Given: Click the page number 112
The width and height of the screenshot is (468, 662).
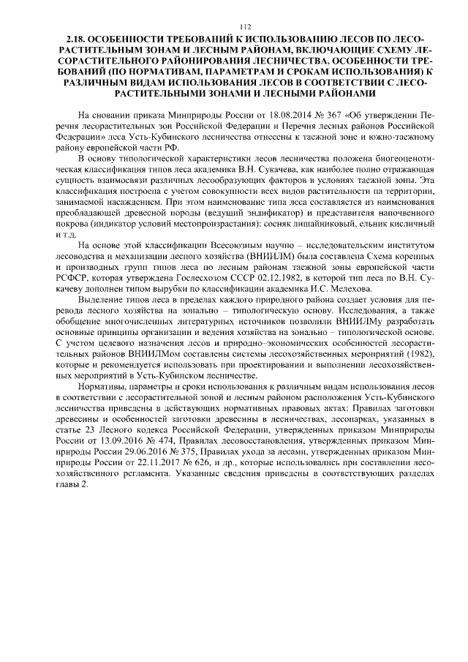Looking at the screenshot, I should point(234,26).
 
